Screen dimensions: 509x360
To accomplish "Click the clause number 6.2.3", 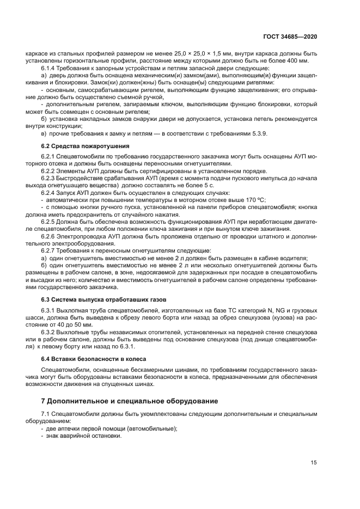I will (x=49, y=178).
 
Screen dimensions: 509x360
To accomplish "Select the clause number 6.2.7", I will (x=49, y=250).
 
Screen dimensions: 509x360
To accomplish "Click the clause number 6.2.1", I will (x=49, y=157).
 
